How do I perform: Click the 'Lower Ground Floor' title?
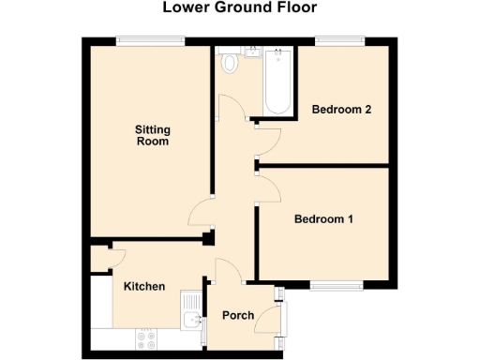239,8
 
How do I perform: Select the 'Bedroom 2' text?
342,110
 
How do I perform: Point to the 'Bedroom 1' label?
323,219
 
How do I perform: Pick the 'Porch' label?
237,315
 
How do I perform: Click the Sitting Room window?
150,39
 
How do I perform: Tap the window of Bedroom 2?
338,39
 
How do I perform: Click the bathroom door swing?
240,110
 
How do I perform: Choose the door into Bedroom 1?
268,187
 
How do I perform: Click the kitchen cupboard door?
115,256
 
